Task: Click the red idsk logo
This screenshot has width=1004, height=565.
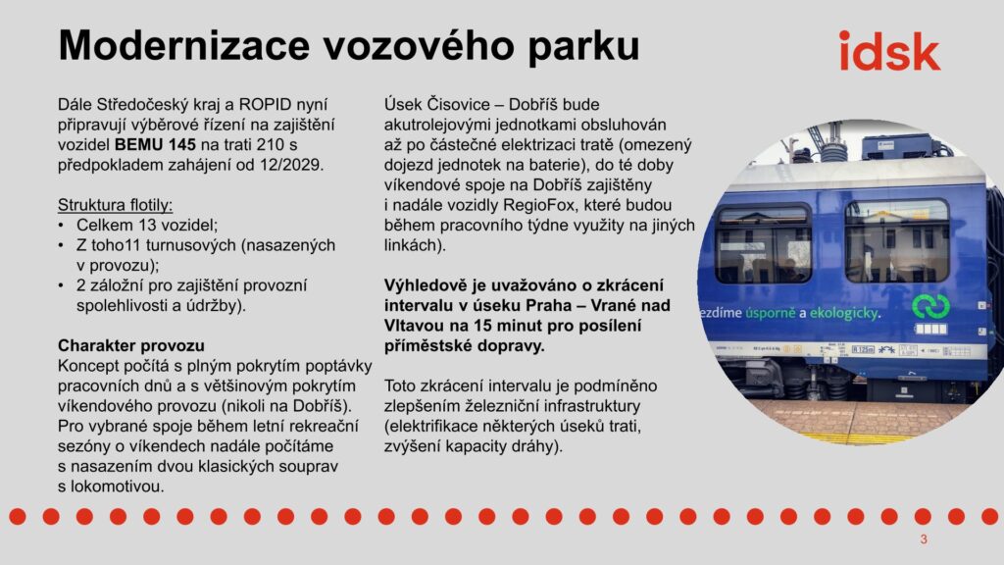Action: [x=889, y=51]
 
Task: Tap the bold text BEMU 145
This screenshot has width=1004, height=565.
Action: [x=155, y=145]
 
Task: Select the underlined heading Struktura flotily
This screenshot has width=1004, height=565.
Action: [x=116, y=205]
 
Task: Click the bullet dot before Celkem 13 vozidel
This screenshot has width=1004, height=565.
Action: [x=62, y=226]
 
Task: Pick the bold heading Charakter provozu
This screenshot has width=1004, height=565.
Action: [x=131, y=346]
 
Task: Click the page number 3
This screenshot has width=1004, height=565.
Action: [x=924, y=539]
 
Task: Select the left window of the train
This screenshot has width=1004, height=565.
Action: [x=763, y=244]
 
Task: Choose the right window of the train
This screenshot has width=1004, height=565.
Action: [x=896, y=241]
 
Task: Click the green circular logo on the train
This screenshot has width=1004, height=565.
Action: [x=930, y=306]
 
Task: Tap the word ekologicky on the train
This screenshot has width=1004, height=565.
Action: [x=845, y=313]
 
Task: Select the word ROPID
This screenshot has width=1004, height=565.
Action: [x=265, y=104]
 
